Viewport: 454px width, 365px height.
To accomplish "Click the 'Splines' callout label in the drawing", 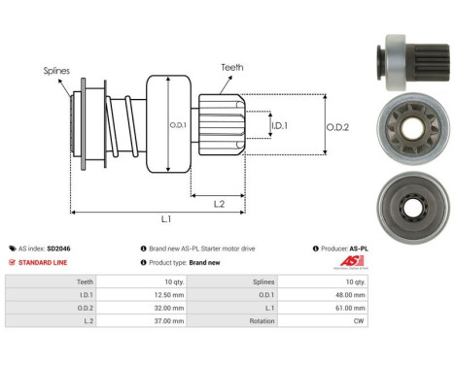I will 57,71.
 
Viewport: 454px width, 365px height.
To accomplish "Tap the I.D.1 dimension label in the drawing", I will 278,125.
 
